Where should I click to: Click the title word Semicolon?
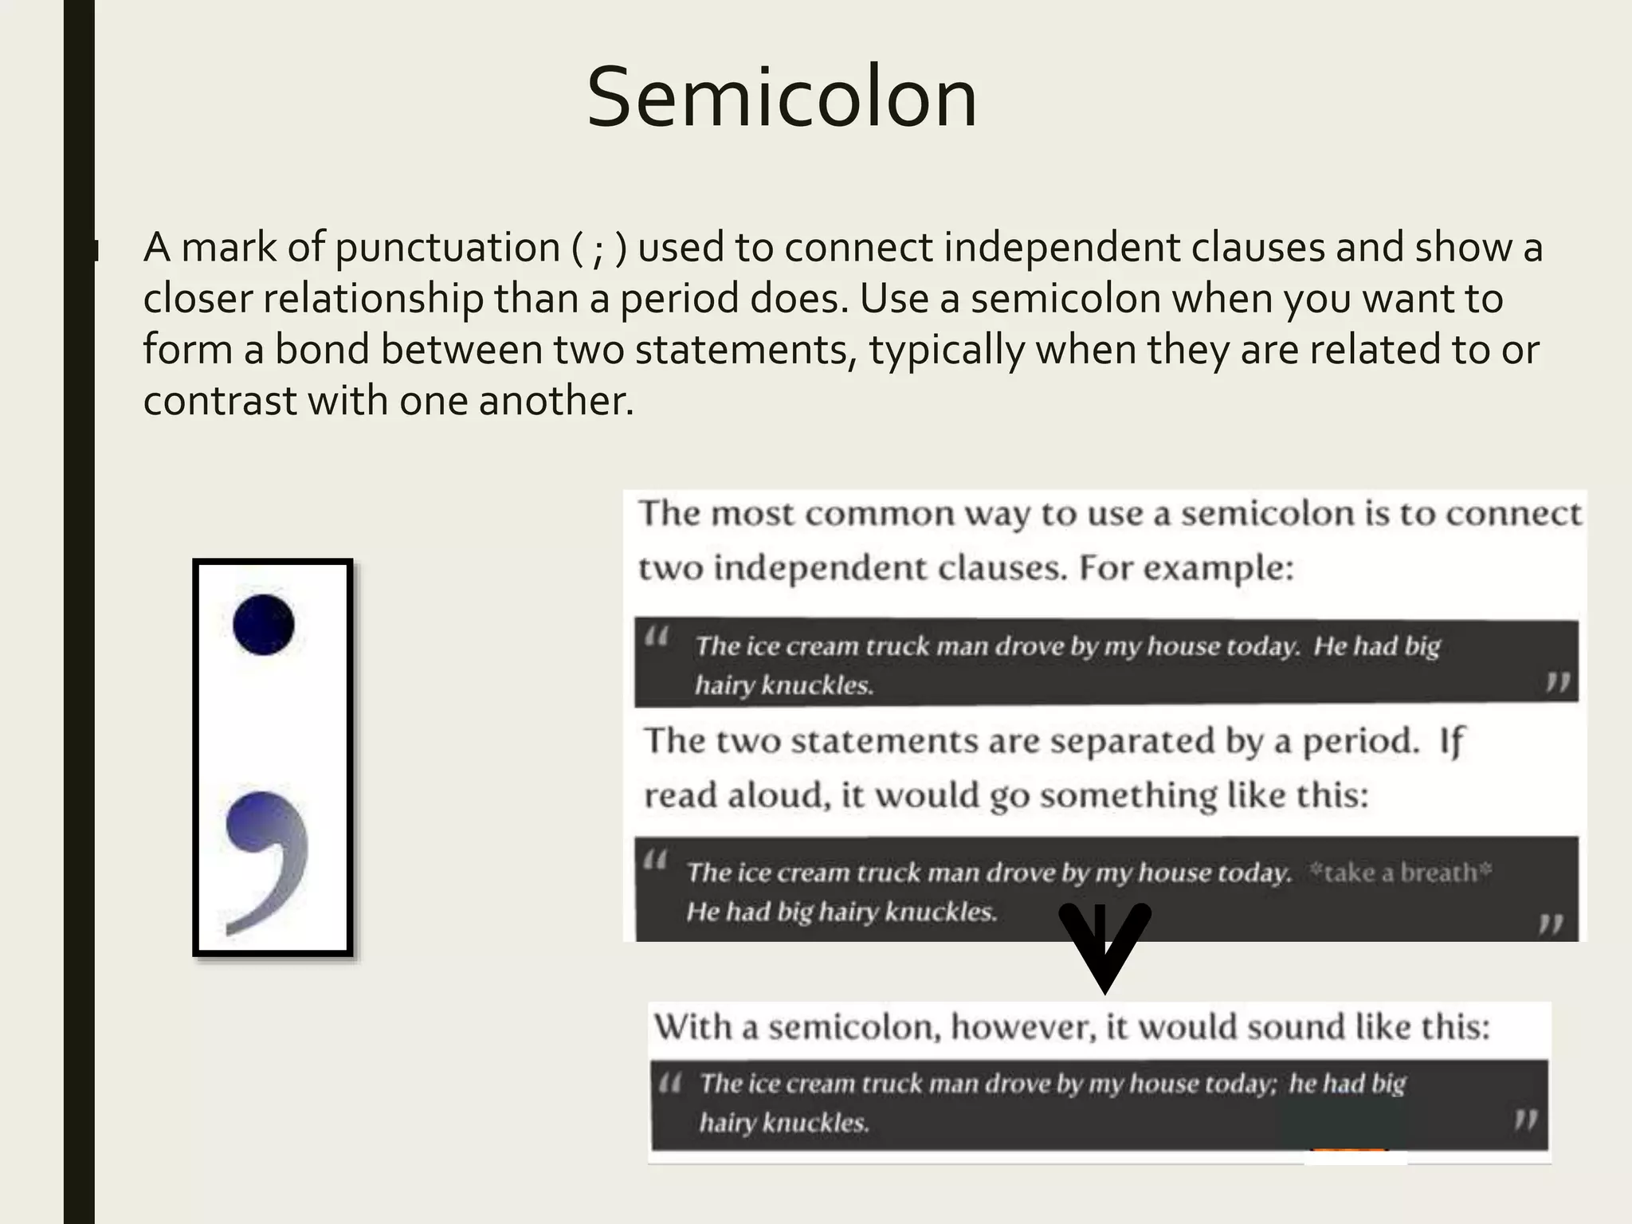pyautogui.click(x=782, y=98)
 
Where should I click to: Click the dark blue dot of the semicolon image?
pyautogui.click(x=264, y=625)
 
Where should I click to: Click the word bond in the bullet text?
pyautogui.click(x=322, y=351)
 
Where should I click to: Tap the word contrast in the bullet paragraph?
pyautogui.click(x=219, y=401)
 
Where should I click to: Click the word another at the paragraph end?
pyautogui.click(x=555, y=401)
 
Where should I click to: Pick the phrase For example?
pyautogui.click(x=1186, y=568)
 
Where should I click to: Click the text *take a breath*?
pyautogui.click(x=1401, y=873)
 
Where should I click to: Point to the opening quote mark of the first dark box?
pyautogui.click(x=657, y=637)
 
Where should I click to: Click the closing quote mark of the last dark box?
pyautogui.click(x=1525, y=1120)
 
